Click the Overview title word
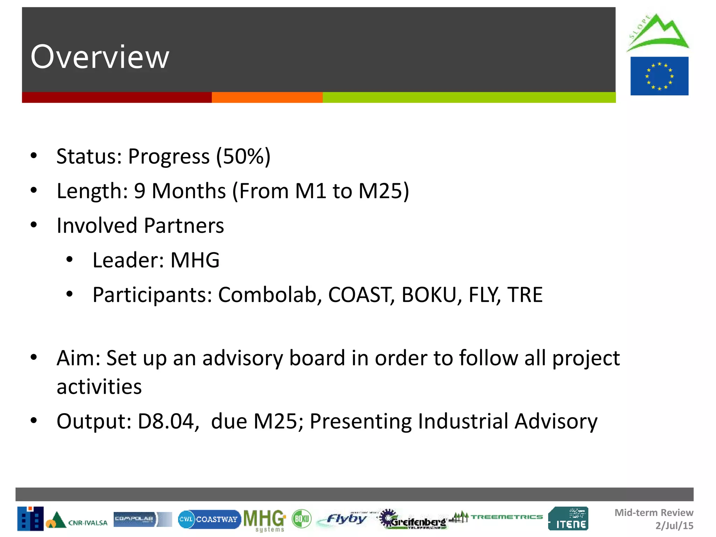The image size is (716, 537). [x=100, y=57]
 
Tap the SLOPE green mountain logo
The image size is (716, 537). [x=657, y=33]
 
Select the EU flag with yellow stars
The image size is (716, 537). [x=659, y=76]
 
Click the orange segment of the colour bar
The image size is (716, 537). [x=267, y=98]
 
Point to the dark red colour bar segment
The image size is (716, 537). [x=117, y=98]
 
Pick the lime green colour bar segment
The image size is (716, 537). [x=469, y=98]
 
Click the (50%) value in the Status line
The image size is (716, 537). [x=243, y=156]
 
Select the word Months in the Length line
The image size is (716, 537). [x=189, y=191]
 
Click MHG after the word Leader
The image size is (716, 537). [x=195, y=260]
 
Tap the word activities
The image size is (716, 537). [x=99, y=387]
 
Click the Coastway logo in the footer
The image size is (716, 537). [x=209, y=519]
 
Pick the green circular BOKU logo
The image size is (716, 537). [x=301, y=519]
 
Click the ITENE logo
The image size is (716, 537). [x=568, y=519]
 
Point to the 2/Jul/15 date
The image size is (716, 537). [x=674, y=525]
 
